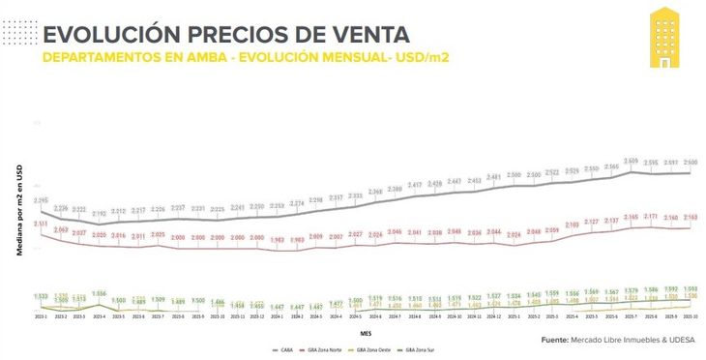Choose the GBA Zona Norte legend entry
click(x=329, y=348)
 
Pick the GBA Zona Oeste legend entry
click(x=376, y=348)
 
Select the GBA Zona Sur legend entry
click(x=422, y=348)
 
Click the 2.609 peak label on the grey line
click(x=631, y=161)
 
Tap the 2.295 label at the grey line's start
click(x=42, y=200)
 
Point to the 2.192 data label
click(x=100, y=213)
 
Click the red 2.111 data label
click(x=42, y=224)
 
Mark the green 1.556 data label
click(x=99, y=293)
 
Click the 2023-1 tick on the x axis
click(x=41, y=315)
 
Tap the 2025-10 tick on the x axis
click(x=690, y=315)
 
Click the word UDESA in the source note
click(x=673, y=340)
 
